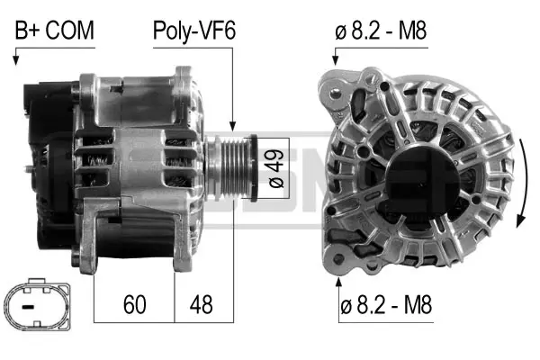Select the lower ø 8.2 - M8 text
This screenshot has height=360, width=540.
[385, 306]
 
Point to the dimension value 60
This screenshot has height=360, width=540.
[133, 304]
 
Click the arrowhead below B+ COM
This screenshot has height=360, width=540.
[15, 60]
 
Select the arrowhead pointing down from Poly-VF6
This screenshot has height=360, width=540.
[232, 128]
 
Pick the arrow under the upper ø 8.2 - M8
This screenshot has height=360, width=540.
[335, 58]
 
